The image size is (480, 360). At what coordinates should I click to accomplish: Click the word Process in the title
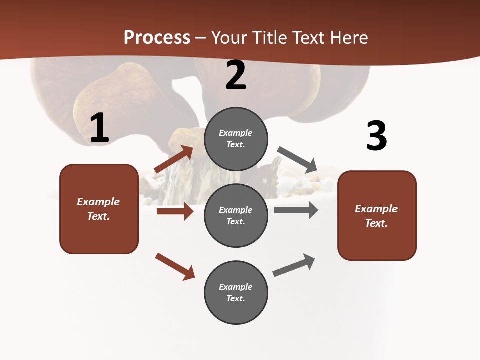click(157, 38)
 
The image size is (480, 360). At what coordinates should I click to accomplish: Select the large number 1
click(99, 128)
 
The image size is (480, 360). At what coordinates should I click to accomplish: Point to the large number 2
click(236, 75)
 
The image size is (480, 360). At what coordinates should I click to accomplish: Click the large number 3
click(376, 136)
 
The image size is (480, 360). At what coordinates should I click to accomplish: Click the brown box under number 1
click(99, 209)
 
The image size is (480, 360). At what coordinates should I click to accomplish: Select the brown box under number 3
click(377, 215)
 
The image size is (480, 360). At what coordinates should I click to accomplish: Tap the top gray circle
click(236, 139)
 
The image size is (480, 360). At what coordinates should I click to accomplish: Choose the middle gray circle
click(236, 215)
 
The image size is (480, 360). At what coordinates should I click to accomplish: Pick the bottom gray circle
click(236, 292)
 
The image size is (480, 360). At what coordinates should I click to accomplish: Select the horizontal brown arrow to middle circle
click(175, 211)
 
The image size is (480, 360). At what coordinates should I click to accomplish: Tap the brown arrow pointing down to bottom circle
click(175, 266)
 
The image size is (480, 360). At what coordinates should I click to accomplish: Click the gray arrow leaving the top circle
click(297, 159)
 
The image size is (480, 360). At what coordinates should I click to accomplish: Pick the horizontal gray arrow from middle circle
click(296, 210)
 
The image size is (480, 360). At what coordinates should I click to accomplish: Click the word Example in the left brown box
click(98, 202)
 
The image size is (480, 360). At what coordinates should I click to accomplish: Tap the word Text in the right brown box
click(376, 223)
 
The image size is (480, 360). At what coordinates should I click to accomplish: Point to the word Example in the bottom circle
click(236, 287)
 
